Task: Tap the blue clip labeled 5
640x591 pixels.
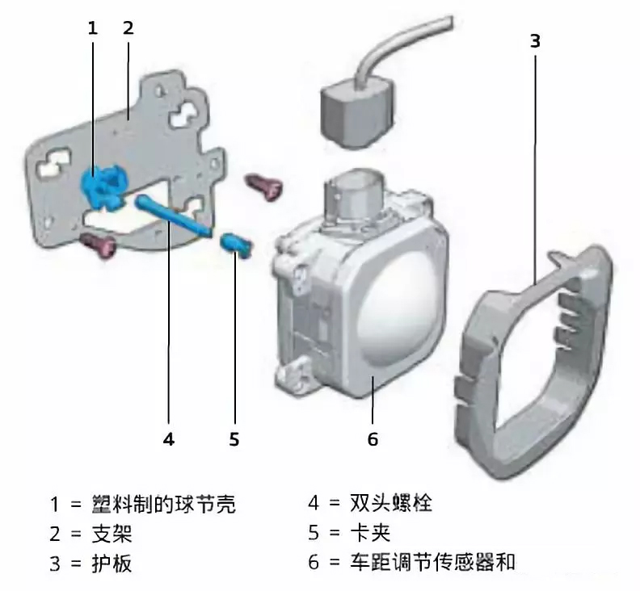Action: (x=236, y=245)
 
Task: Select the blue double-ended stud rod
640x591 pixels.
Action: (x=174, y=216)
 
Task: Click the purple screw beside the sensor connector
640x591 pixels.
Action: (x=263, y=187)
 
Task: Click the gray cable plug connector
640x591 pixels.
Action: (x=358, y=112)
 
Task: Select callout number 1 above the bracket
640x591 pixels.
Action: (x=93, y=27)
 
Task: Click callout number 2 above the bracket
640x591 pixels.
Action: (x=128, y=27)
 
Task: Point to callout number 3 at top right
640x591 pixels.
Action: (x=535, y=41)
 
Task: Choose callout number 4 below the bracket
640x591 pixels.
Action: (x=169, y=439)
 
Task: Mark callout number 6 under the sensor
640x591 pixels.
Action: (x=373, y=439)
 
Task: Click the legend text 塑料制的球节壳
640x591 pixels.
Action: (x=163, y=504)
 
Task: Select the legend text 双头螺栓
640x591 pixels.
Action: (x=390, y=503)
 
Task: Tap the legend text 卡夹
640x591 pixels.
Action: (x=370, y=533)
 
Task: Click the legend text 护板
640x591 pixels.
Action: (x=112, y=564)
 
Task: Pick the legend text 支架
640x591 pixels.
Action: (x=112, y=534)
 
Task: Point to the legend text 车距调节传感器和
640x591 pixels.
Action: (x=432, y=563)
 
